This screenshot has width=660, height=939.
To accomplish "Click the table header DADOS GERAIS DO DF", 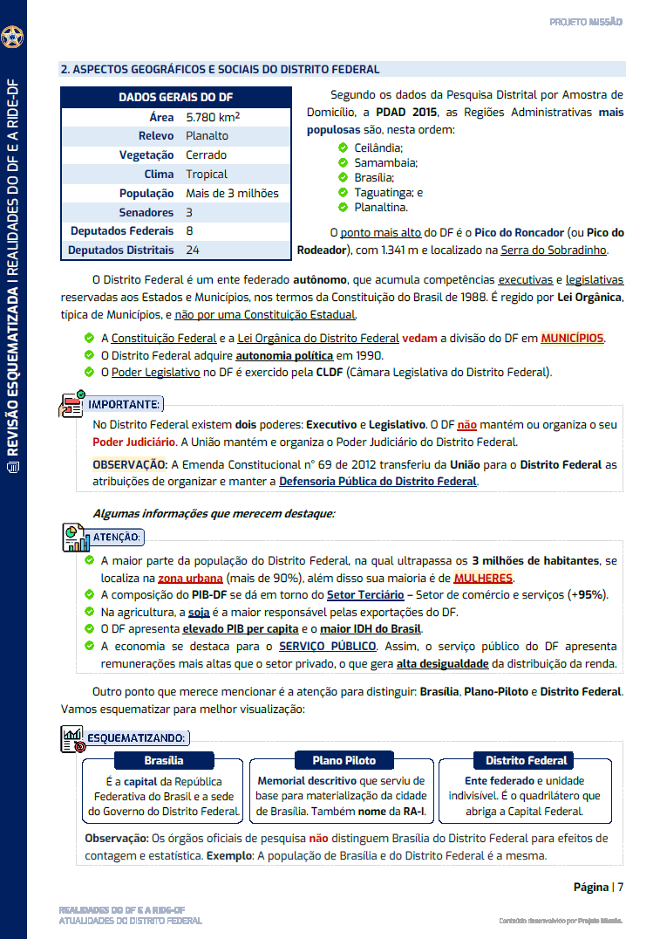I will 175,98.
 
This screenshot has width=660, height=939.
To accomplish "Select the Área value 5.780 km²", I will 214,117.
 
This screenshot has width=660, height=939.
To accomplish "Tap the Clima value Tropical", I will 206,175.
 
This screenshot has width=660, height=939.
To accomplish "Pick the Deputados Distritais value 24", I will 193,250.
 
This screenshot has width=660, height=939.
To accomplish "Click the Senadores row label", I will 146,213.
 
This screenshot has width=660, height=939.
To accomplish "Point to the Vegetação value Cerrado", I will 206,155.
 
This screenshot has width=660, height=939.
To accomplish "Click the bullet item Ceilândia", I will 378,148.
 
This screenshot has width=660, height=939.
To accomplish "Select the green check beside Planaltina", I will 344,208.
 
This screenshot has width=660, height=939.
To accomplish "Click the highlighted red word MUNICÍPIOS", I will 572,339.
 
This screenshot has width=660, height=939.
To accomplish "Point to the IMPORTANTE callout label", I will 124,404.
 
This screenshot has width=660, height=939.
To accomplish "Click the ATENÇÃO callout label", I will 116,537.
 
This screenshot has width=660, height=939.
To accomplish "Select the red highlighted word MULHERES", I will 483,578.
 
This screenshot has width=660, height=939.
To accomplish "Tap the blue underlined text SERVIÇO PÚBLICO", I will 327,646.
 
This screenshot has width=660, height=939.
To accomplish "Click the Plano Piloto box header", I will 343,760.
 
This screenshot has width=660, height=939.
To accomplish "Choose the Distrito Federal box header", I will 526,760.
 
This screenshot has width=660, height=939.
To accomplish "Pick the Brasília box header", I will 164,760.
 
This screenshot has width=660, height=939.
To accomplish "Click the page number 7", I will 620,888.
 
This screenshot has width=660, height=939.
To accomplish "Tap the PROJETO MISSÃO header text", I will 585,22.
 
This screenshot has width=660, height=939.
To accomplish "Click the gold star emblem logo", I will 12,37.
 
